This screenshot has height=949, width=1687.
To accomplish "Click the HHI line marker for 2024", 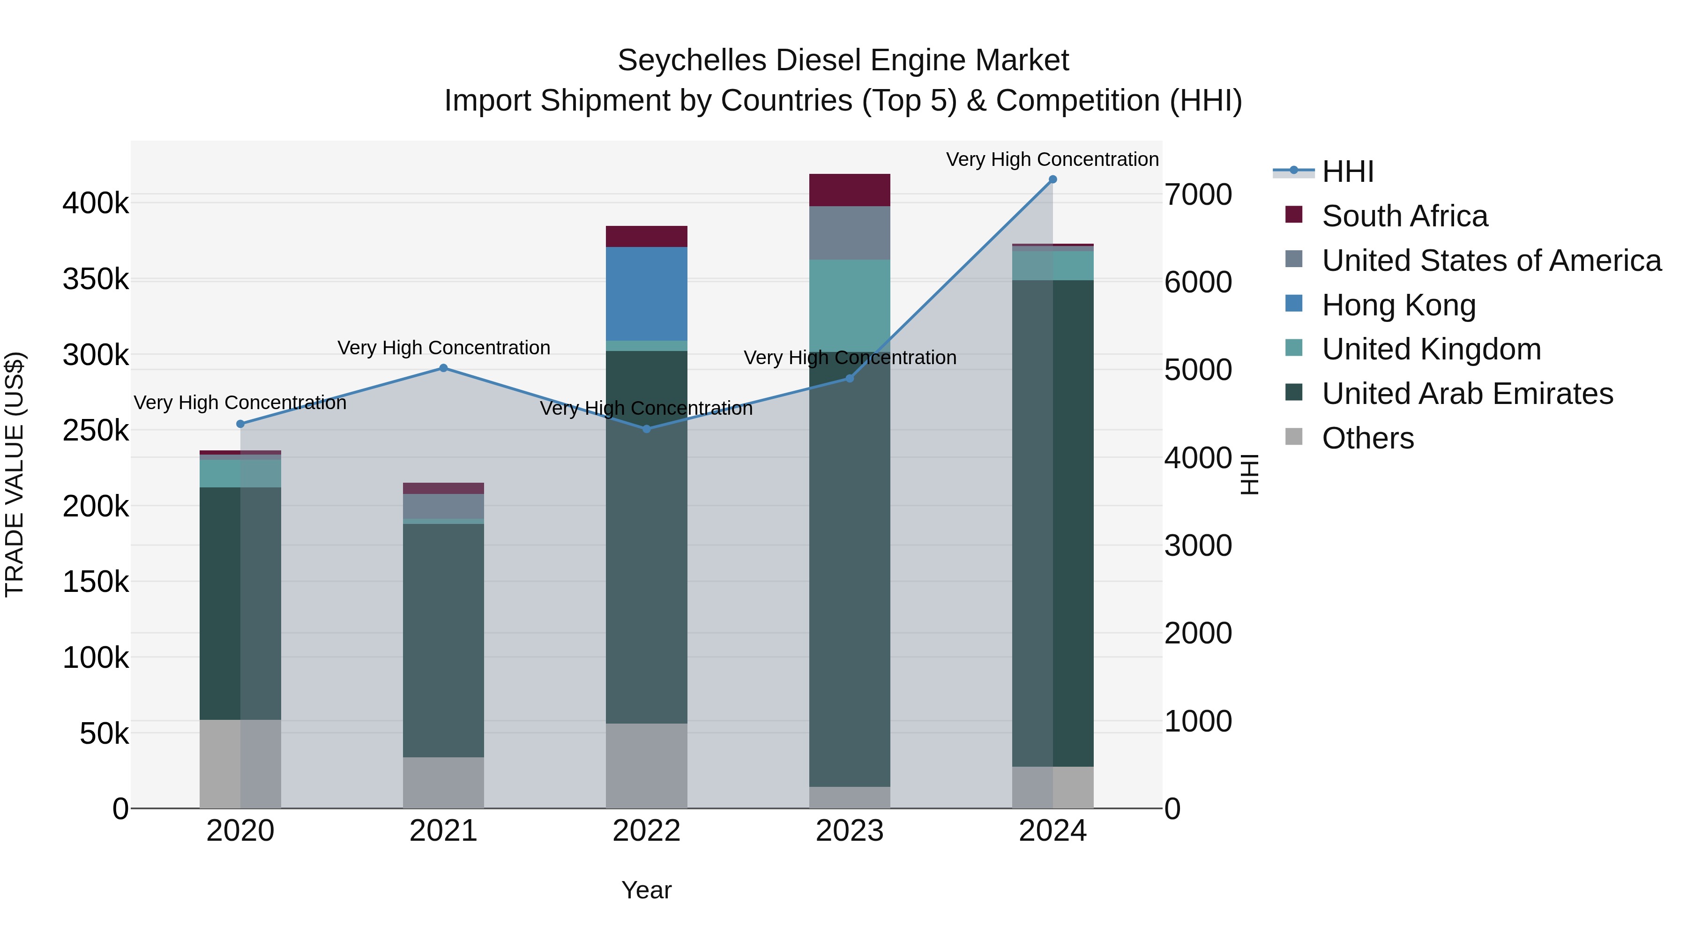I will point(1053,179).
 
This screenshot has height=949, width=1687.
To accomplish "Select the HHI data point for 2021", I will point(443,368).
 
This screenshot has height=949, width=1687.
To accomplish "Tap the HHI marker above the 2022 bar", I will point(646,429).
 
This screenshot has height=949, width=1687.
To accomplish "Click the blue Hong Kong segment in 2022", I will point(646,293).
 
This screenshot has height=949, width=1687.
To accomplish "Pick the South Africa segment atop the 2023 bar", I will point(850,190).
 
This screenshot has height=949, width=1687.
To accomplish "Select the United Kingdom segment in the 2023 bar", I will point(850,305).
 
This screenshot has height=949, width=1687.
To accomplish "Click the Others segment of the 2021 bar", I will point(443,782).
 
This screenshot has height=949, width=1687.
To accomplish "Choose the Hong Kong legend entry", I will point(1398,305).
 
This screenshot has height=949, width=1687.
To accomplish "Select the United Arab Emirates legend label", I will point(1467,394).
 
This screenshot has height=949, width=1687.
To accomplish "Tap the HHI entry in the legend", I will point(1347,172).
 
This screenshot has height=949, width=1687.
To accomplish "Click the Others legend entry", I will point(1367,438).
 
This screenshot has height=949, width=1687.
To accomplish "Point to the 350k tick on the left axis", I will point(96,280).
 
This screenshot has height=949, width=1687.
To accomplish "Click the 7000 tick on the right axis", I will point(1198,194).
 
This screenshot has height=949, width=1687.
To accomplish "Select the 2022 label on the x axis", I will point(646,831).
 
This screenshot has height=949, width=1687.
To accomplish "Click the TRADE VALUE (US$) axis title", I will point(15,474).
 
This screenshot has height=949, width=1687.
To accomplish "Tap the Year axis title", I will point(646,890).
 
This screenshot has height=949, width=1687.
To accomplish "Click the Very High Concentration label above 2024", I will point(1053,159).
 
